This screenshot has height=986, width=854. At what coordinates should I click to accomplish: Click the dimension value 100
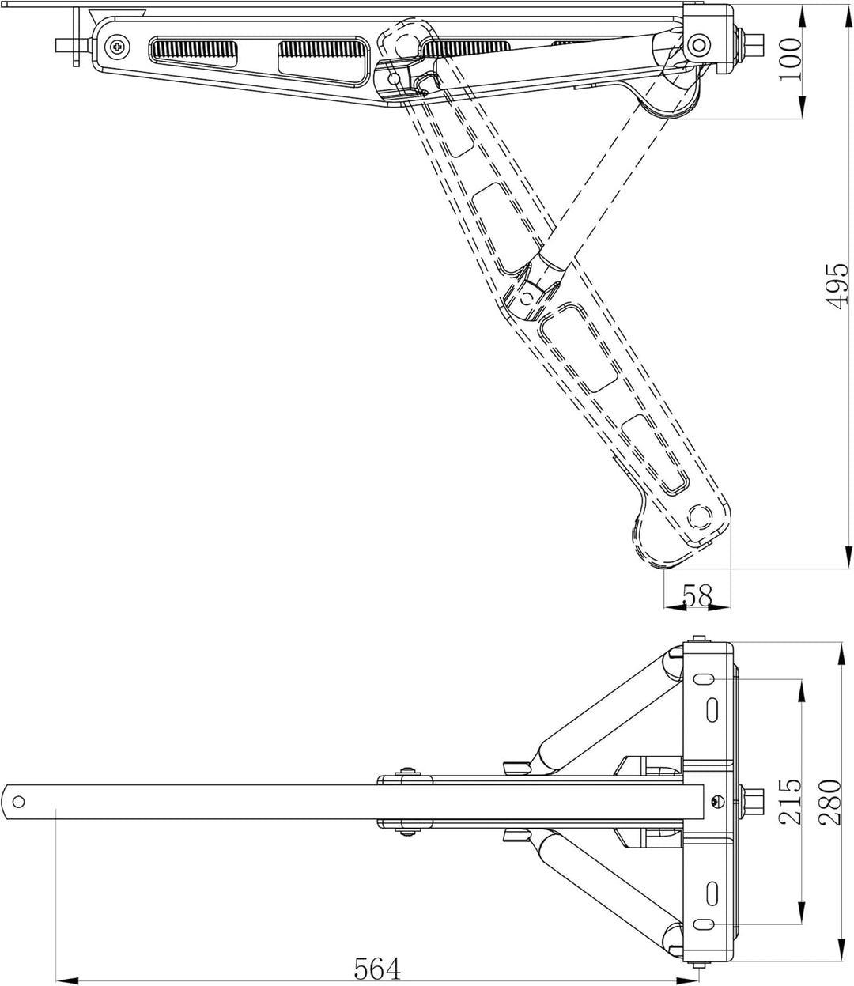point(790,59)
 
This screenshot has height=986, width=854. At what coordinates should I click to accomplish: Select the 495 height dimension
point(837,285)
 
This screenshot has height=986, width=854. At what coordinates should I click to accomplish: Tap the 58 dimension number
point(697,595)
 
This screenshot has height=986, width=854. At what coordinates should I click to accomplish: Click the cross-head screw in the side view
point(117,47)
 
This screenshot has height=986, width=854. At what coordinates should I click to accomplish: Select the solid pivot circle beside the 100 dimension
point(699,45)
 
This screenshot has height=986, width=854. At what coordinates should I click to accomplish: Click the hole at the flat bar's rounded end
point(18,802)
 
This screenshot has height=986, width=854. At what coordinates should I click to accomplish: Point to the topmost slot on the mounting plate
point(705,678)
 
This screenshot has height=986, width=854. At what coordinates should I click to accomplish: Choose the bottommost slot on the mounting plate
point(705,924)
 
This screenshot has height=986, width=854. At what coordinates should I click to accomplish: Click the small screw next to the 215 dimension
point(714,802)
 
